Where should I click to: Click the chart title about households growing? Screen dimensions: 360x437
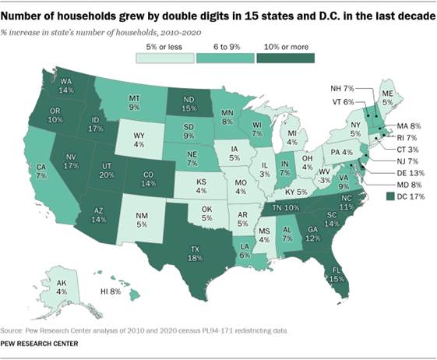click(218, 15)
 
